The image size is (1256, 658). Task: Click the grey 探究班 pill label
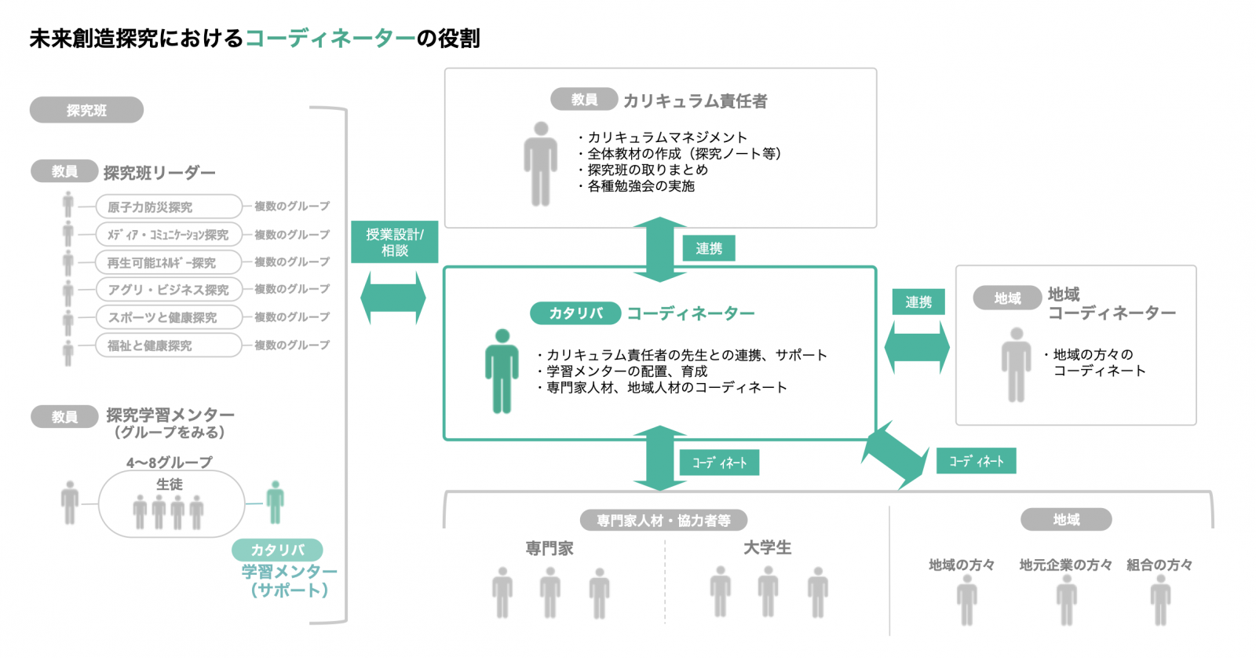pos(86,110)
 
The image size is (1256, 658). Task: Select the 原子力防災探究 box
pos(169,207)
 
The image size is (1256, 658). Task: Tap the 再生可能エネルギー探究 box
pos(169,262)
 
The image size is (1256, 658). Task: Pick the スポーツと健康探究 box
pos(169,317)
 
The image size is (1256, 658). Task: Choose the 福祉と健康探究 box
pos(169,345)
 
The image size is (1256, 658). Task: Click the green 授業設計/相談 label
pos(394,242)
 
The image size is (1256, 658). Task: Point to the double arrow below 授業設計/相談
pos(393,298)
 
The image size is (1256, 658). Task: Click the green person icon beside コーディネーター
pos(502,371)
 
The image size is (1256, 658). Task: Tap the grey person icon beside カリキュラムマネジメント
pos(541,164)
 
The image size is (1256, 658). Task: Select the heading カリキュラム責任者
pos(696,101)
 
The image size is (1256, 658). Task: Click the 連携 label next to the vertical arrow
pos(709,248)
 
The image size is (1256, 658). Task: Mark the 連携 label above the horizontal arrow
pos(918,302)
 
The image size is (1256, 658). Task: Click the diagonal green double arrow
pos(895,455)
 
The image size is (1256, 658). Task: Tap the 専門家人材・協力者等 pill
pos(663,520)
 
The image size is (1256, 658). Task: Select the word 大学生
pos(767,547)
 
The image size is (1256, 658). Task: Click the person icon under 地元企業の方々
pos(1066,604)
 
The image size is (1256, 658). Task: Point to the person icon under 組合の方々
pos(1160,604)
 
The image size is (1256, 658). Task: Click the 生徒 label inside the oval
pos(169,484)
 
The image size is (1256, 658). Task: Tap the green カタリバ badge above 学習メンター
pos(278,550)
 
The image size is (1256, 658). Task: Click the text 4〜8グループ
pos(169,462)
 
